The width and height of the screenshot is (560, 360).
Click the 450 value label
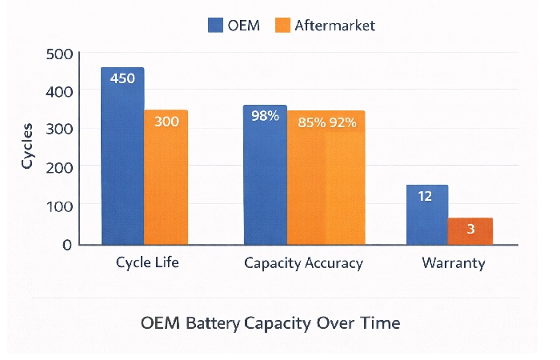pos(122,78)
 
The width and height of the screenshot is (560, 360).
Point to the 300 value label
pos(166,122)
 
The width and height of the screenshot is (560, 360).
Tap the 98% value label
pos(265,116)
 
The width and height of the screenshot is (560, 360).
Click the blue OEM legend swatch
pos(215,25)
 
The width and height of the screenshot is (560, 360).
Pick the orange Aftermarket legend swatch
pos(282,25)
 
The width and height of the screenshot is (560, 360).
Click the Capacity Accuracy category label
pos(303,263)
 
